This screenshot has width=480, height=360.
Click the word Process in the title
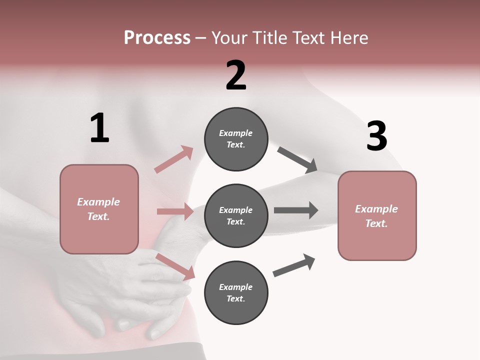click(157, 37)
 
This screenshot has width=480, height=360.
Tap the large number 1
click(99, 128)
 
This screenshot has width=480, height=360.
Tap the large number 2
click(236, 75)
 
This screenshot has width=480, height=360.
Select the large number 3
click(376, 136)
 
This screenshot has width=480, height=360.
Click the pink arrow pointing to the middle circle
click(175, 211)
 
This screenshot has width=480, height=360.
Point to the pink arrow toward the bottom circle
click(175, 266)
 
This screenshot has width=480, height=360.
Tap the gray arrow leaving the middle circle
click(296, 210)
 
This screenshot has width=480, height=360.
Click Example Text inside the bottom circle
click(236, 292)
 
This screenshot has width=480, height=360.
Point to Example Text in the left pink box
click(98, 209)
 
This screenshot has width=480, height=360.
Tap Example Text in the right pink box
click(376, 216)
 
